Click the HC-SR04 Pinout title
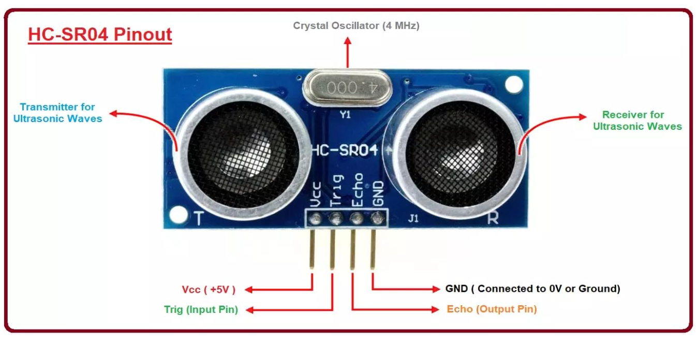100,35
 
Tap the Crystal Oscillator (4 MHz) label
356,25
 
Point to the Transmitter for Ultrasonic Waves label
57,113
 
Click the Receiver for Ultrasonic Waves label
637,121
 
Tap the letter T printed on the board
198,219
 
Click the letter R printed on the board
493,218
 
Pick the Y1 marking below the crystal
345,115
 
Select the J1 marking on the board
413,218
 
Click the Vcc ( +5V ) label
209,290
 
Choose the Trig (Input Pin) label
201,310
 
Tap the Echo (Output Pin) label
492,309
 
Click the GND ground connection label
532,289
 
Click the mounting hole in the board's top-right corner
513,84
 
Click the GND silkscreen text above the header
378,192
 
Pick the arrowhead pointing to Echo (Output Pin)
436,309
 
